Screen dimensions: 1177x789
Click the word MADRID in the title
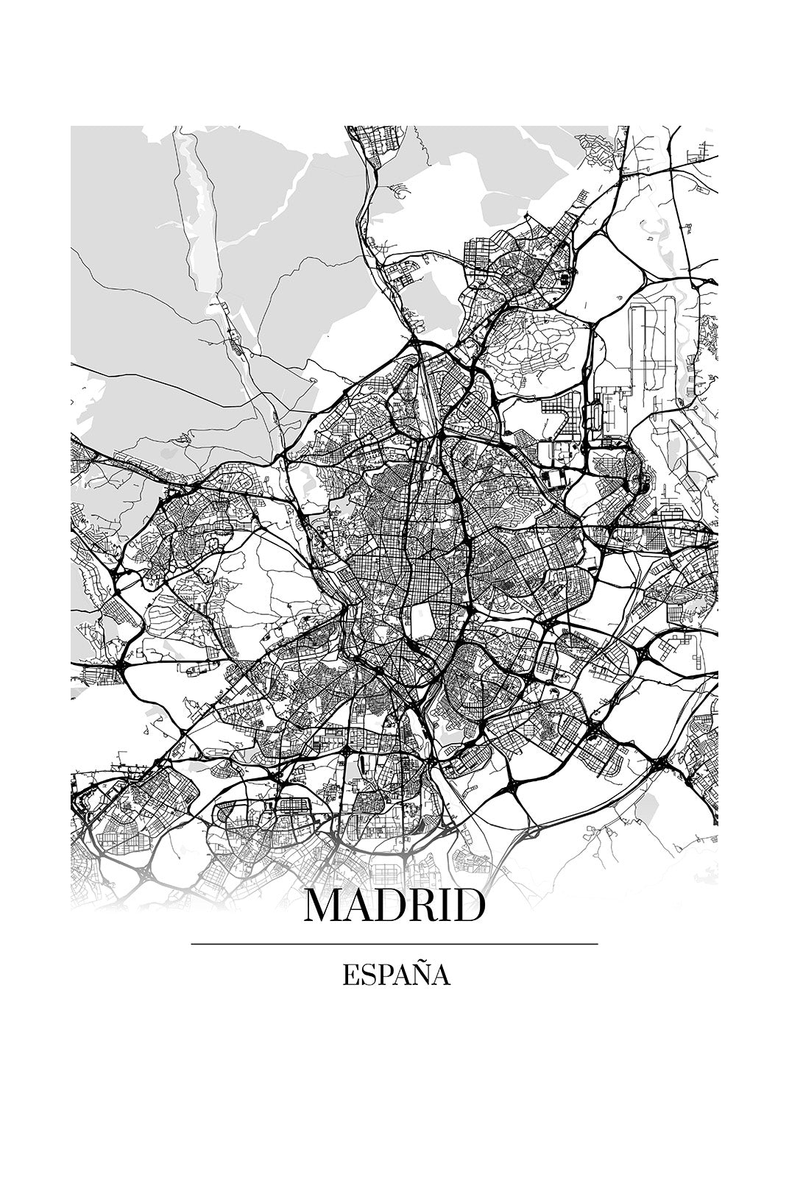[x=394, y=906]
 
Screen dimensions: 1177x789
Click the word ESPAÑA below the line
[x=395, y=976]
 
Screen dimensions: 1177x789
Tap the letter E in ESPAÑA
[x=349, y=976]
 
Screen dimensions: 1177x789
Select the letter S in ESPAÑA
[x=367, y=976]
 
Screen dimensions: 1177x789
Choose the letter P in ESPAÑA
[x=383, y=976]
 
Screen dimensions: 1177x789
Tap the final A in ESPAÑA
[x=441, y=976]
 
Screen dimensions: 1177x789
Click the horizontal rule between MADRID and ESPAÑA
[x=394, y=944]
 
